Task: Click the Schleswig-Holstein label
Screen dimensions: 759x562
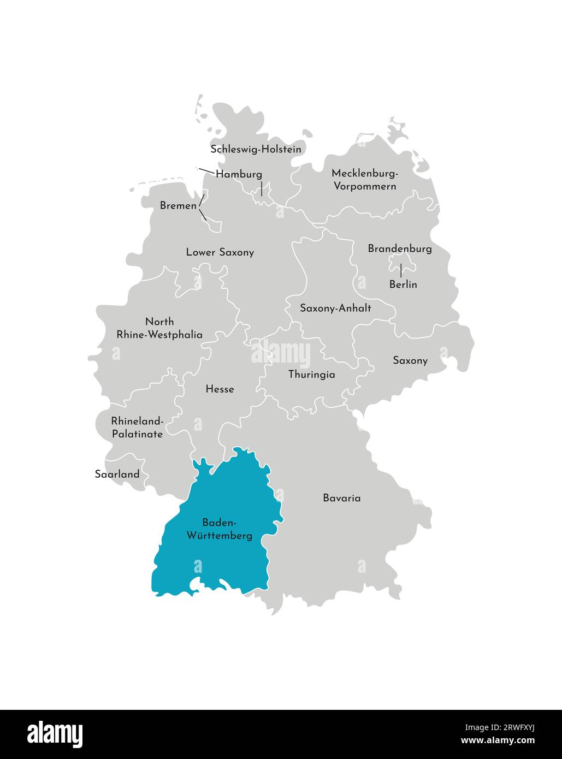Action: (x=256, y=149)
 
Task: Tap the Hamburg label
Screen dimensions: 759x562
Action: (x=239, y=174)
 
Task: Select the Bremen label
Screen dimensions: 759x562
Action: (x=178, y=206)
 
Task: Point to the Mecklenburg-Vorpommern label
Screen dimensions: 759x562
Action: (x=365, y=180)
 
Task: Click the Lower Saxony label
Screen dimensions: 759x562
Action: (x=220, y=252)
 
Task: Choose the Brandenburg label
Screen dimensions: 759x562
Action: (x=400, y=248)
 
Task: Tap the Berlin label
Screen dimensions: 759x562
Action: (x=403, y=284)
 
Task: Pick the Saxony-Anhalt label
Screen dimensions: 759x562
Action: (x=335, y=308)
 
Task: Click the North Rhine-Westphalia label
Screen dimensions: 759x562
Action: (x=159, y=328)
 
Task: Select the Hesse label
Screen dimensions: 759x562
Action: (x=220, y=389)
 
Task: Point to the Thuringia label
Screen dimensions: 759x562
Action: (x=311, y=375)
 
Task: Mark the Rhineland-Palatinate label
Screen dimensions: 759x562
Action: (x=137, y=428)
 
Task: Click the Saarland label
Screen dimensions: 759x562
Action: (x=117, y=474)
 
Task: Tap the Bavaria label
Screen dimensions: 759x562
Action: (x=341, y=498)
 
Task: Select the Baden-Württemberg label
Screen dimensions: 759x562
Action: (x=220, y=529)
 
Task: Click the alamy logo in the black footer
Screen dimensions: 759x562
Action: (x=55, y=733)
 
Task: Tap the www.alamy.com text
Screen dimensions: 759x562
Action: (x=498, y=740)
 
